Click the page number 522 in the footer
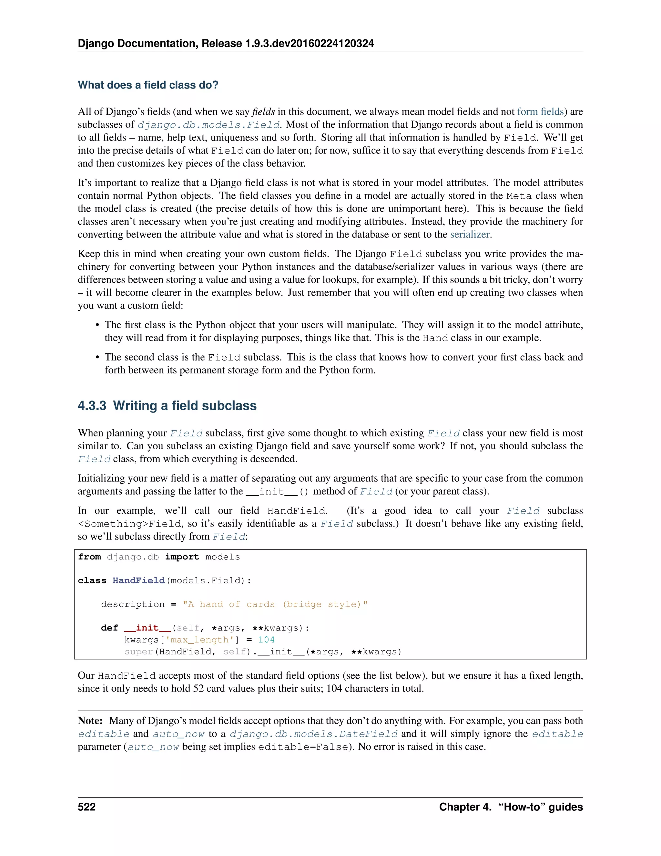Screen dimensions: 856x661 86,807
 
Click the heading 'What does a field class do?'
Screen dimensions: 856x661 148,85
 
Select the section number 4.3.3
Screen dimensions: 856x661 92,406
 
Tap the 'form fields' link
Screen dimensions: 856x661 540,112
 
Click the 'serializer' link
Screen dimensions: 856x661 470,235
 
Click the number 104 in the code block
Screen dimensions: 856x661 266,640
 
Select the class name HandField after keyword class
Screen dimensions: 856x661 138,580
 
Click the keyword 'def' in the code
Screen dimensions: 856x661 109,628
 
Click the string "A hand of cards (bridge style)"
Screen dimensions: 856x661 275,604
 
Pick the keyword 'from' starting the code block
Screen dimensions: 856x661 89,557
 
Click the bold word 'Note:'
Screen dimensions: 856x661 90,721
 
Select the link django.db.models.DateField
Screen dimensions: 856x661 313,734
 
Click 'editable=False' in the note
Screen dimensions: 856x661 303,747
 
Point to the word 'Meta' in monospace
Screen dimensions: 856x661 519,196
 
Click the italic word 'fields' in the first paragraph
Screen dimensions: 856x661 263,112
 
